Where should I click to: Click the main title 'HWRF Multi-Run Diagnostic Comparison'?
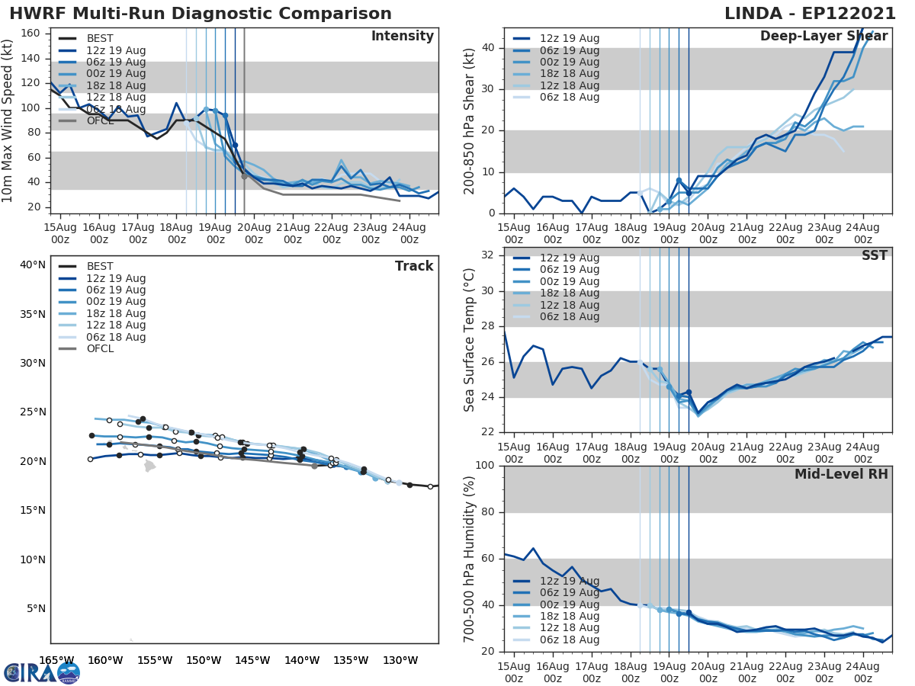201,14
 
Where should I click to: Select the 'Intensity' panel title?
402,37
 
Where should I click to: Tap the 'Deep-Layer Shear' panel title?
823,37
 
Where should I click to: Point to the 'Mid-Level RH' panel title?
841,475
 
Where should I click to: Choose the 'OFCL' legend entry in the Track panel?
100,349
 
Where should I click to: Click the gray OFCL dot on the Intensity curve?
244,176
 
